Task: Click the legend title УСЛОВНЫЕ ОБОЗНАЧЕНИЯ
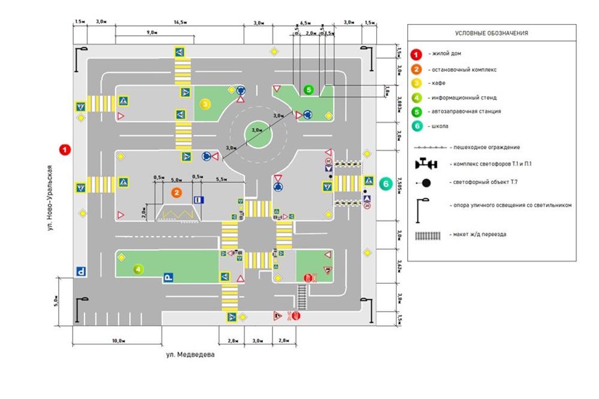(x=491, y=34)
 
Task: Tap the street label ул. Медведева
(x=190, y=355)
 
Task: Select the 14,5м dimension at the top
(x=179, y=22)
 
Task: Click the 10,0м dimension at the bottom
(x=117, y=340)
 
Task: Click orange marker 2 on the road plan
(x=176, y=192)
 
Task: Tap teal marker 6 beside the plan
(x=386, y=183)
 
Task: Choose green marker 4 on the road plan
(x=138, y=269)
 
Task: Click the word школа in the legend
(x=439, y=126)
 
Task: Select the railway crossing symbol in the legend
(x=427, y=234)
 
